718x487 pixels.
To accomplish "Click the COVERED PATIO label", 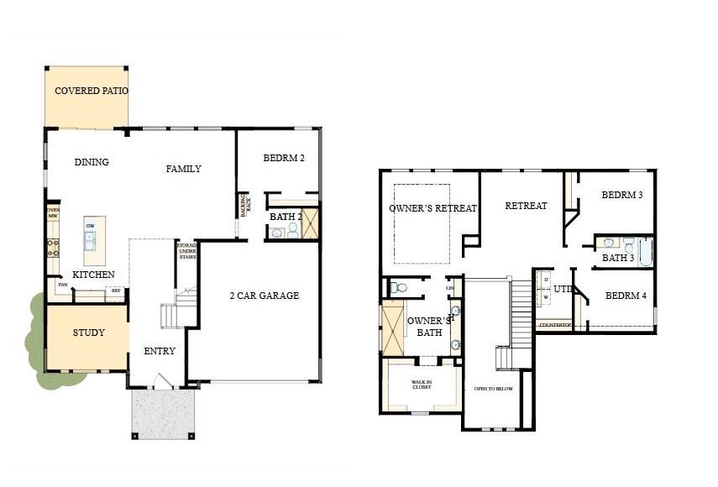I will click(x=92, y=91).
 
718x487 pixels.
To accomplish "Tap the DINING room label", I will click(x=92, y=162).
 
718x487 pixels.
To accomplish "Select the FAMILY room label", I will click(x=183, y=169).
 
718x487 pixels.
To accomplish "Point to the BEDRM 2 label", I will click(x=284, y=158).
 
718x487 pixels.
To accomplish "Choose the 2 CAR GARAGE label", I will click(x=265, y=296).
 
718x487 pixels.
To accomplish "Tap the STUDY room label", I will click(x=88, y=333).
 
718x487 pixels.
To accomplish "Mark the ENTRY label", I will click(x=160, y=351).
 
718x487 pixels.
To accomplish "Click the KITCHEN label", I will click(x=93, y=275).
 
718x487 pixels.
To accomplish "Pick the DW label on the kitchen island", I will click(x=91, y=226).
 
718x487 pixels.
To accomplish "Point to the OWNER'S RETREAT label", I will click(x=432, y=208).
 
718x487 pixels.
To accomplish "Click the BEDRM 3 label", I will click(x=622, y=195).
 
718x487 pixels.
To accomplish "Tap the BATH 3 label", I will click(x=618, y=258).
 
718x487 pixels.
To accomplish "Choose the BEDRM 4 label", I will click(x=626, y=296).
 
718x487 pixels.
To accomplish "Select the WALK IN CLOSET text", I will click(x=421, y=385).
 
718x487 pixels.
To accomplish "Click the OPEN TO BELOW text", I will click(x=493, y=390).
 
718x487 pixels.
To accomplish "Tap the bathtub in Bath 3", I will click(x=646, y=251).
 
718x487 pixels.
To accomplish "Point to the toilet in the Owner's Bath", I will click(x=400, y=288).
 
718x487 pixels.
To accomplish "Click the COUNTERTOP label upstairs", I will click(x=555, y=325).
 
